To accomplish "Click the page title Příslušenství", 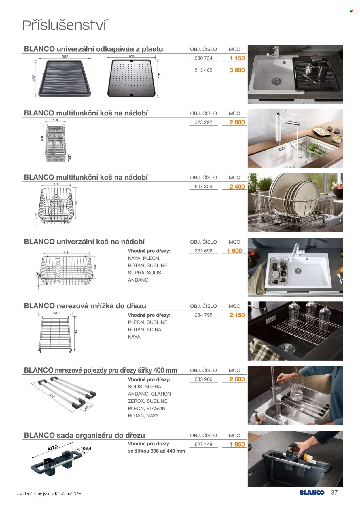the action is point(65,25).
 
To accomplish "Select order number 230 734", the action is point(203,58).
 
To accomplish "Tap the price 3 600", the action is point(237,70).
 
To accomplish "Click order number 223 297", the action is point(203,122).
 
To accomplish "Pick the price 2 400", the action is point(237,187).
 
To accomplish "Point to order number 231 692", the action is point(203,251).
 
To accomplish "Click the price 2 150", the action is point(237,315).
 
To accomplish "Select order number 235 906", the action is point(203,379).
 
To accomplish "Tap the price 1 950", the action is point(237,444).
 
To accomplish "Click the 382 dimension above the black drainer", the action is point(65,57).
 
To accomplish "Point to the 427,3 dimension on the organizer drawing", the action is point(53,448).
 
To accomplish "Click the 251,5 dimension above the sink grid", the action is point(56,313).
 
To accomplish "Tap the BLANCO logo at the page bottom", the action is point(312,492).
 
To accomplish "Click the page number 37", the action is point(334,492).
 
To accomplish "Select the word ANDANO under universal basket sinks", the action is point(138,280).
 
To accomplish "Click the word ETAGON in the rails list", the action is point(156,408).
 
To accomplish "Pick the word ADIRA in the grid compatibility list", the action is point(154,329).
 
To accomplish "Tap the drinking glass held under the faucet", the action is point(297,389).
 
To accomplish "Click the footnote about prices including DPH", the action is point(49,494).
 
